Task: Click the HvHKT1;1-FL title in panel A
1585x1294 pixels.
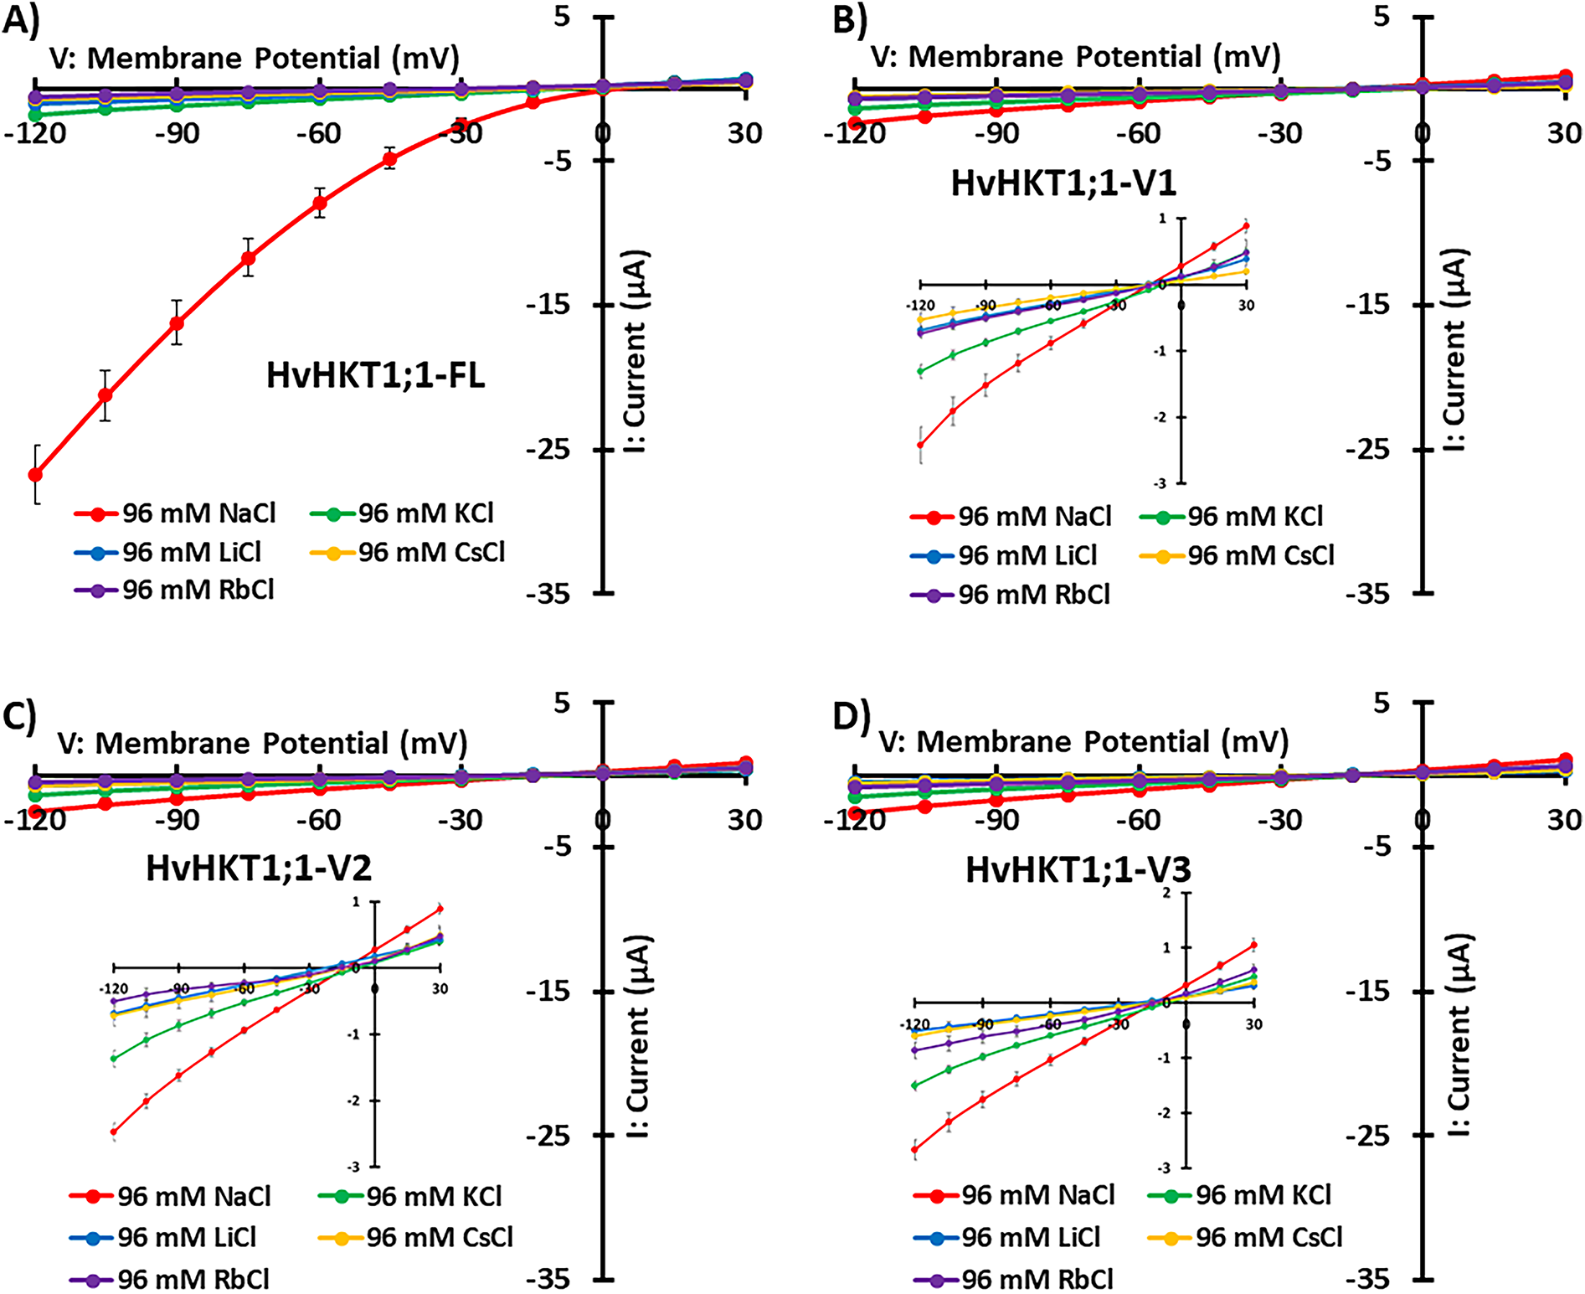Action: click(376, 376)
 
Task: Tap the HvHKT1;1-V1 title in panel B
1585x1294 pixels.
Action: click(1063, 183)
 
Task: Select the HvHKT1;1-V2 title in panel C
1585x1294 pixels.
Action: click(259, 869)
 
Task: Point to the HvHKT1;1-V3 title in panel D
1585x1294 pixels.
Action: click(1078, 870)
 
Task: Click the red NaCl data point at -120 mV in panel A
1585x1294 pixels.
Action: click(35, 475)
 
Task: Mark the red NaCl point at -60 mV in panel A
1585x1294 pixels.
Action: click(320, 203)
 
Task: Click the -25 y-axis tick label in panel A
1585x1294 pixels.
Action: click(548, 450)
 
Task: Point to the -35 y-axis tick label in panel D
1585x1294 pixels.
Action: click(1367, 1279)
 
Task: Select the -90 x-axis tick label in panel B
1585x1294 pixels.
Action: click(996, 134)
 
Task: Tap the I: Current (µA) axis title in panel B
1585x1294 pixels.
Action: click(1455, 350)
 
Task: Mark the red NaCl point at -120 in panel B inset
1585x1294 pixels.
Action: click(920, 445)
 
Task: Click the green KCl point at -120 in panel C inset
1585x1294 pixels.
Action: click(114, 1059)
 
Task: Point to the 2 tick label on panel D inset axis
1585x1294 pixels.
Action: click(1166, 894)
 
